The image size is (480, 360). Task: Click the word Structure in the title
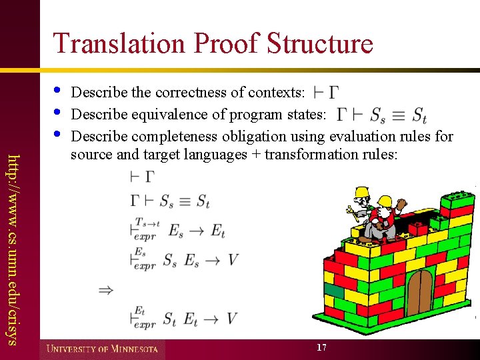coord(319,44)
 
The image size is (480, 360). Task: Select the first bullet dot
coord(57,89)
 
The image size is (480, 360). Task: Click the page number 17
coord(321,347)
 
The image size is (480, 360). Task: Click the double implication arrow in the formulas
coord(105,290)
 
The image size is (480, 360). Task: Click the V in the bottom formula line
coord(231,319)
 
